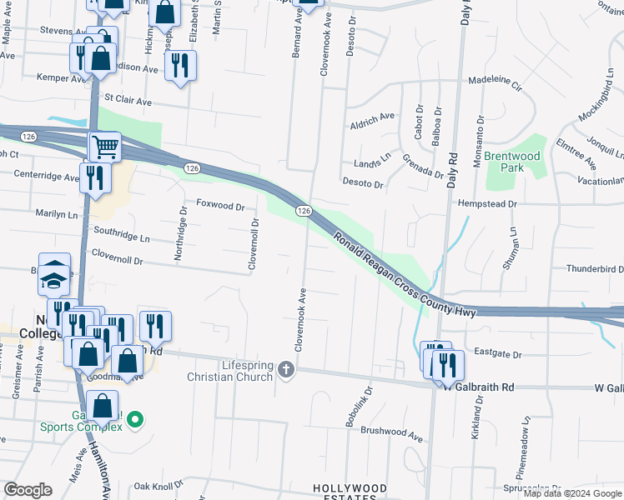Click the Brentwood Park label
pyautogui.click(x=512, y=162)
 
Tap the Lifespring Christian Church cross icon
pyautogui.click(x=287, y=368)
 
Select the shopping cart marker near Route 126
pyautogui.click(x=105, y=147)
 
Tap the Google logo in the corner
pyautogui.click(x=28, y=490)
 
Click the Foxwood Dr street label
pyautogui.click(x=220, y=205)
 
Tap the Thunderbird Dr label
pyautogui.click(x=595, y=268)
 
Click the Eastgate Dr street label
pyautogui.click(x=497, y=354)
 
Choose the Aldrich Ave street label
pyautogui.click(x=372, y=117)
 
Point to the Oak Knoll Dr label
pyautogui.click(x=158, y=486)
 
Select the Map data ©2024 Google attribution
pyautogui.click(x=573, y=493)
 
